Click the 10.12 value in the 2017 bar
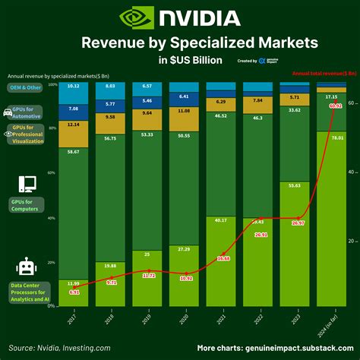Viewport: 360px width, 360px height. coord(74,87)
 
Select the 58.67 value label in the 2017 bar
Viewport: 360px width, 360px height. coord(74,153)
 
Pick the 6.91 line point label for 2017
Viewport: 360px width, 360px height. coord(74,292)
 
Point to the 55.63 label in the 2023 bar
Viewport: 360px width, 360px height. coord(293,185)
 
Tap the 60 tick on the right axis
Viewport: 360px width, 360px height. coord(350,100)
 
